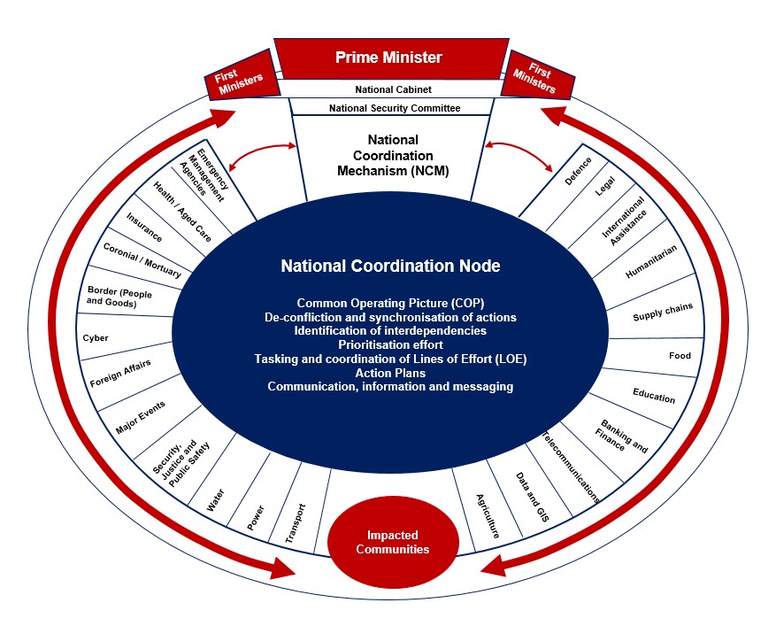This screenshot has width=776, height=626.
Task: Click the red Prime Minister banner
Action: point(391,58)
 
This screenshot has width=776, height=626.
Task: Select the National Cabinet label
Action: point(393,89)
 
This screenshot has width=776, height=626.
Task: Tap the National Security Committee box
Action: point(394,107)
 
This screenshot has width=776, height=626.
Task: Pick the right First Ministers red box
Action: point(537,74)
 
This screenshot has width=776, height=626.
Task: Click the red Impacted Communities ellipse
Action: point(393,542)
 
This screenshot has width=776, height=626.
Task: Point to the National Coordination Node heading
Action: point(390,266)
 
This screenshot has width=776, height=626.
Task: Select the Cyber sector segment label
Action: point(96,337)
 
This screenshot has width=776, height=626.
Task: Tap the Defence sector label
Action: point(578,171)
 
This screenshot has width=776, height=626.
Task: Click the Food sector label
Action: point(680,356)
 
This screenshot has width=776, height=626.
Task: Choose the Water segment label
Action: point(215,500)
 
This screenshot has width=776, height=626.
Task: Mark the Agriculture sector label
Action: point(488,515)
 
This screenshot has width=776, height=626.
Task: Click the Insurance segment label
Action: point(144,228)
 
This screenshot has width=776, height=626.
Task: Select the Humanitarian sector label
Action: point(650,261)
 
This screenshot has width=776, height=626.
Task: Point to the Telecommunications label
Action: point(571,467)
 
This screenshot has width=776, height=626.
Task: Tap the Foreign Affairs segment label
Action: point(120,374)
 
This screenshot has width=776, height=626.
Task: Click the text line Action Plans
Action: point(390,373)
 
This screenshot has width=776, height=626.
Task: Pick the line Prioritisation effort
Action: point(390,344)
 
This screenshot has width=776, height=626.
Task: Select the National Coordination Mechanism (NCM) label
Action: point(393,156)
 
